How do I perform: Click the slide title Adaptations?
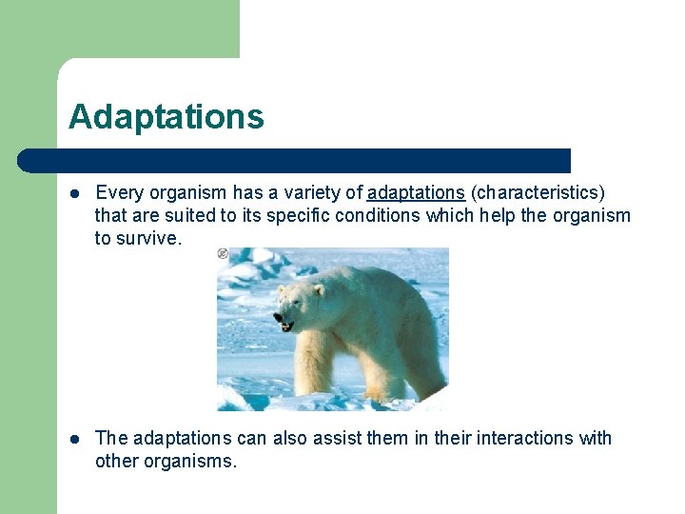click(x=166, y=117)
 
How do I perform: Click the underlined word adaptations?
click(x=416, y=193)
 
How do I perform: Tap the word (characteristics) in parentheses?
click(x=538, y=193)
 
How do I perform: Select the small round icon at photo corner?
click(x=223, y=253)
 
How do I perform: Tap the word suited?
click(x=191, y=216)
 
